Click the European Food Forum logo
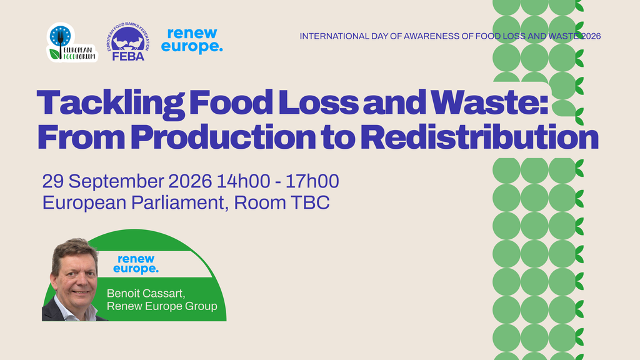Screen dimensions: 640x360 click(x=72, y=42)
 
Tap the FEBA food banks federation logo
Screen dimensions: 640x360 click(x=128, y=42)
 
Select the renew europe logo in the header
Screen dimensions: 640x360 click(x=192, y=41)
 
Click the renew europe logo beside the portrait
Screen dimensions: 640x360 click(x=136, y=264)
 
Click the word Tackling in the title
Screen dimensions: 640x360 click(x=110, y=104)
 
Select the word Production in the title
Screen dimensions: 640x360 click(x=223, y=137)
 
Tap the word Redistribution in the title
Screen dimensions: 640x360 click(x=479, y=137)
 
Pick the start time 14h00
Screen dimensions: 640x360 click(x=243, y=181)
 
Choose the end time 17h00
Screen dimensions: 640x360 click(x=312, y=181)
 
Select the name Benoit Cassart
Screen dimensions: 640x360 click(x=146, y=294)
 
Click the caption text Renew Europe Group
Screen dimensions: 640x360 click(x=162, y=306)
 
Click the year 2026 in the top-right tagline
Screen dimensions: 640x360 click(x=591, y=36)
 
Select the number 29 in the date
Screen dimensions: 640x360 click(x=52, y=181)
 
